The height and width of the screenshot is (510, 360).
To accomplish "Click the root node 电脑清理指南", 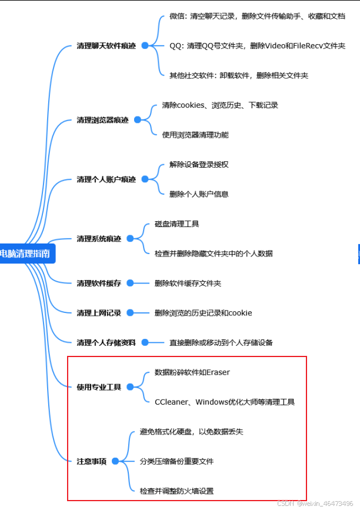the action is coord(26,254).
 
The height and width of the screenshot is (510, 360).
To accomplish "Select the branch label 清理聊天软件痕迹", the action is coord(106,45).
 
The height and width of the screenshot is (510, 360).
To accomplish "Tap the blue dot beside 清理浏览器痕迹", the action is coord(138,120).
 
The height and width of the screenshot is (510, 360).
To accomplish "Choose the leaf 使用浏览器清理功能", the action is coord(195,135).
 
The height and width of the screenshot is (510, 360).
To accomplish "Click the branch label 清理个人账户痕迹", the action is coord(106,179).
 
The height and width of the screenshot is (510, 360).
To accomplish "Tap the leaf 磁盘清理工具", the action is coord(176,224).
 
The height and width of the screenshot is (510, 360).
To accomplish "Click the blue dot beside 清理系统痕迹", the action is coord(130,239).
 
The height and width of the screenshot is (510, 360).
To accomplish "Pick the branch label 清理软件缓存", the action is coord(99,284).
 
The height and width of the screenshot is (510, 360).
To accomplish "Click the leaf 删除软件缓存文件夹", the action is coord(188,284).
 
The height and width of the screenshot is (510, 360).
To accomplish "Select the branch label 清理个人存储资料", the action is coord(106,342).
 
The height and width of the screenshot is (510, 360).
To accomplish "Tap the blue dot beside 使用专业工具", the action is coord(130,387).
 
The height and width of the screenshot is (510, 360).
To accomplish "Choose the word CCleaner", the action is coord(172,402).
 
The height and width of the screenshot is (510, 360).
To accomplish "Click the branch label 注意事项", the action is coord(91,462).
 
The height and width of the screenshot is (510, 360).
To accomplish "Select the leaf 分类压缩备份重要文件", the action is coord(176,462).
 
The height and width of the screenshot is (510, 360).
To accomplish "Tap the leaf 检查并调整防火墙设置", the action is coord(176,491).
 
